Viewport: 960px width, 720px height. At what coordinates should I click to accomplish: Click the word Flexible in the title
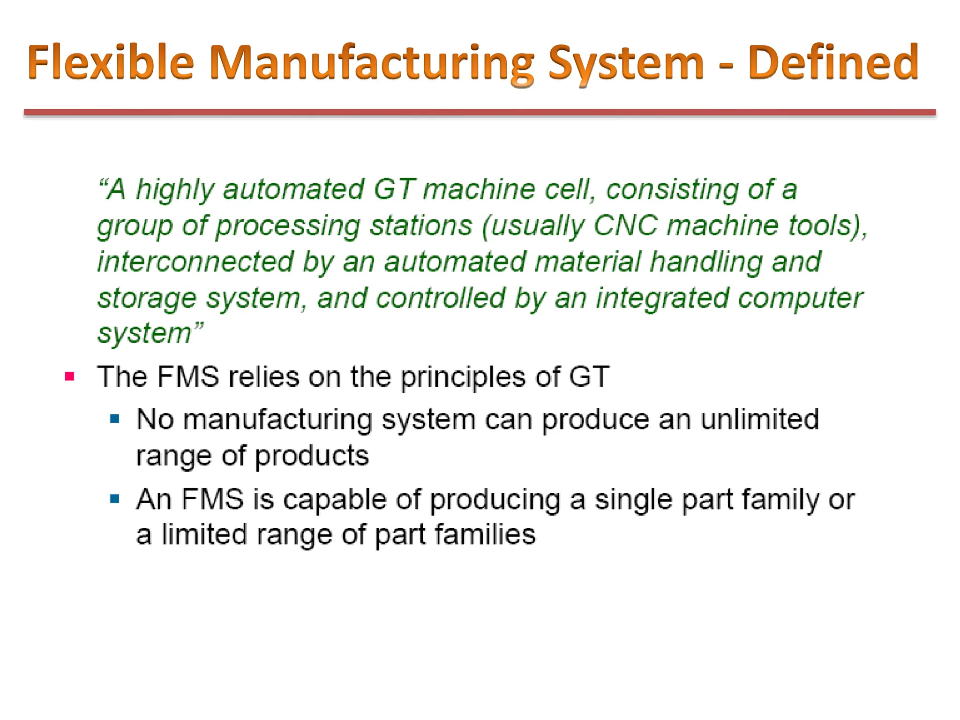[x=111, y=62]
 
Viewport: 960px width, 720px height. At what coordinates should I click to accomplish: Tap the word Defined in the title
[x=833, y=62]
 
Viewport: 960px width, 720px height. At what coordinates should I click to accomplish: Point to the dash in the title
[x=726, y=65]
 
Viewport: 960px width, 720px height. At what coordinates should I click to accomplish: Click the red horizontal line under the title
[x=480, y=112]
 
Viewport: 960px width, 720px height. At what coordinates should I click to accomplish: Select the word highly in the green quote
[x=175, y=190]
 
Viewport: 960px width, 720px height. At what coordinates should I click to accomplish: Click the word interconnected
[x=195, y=262]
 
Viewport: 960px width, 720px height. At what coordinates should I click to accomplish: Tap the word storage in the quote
[x=147, y=299]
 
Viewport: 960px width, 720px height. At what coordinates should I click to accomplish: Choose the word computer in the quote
[x=800, y=299]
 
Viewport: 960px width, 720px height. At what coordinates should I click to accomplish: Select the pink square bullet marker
[x=70, y=376]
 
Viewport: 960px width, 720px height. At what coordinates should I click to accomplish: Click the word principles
[x=463, y=377]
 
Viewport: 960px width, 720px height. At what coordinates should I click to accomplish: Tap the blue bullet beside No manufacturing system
[x=115, y=419]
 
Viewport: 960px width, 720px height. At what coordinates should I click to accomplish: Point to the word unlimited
[x=759, y=419]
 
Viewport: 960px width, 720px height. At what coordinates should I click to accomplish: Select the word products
[x=311, y=456]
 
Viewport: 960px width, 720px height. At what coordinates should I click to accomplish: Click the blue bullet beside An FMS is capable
[x=115, y=498]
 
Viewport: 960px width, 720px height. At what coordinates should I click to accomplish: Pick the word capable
[x=335, y=499]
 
